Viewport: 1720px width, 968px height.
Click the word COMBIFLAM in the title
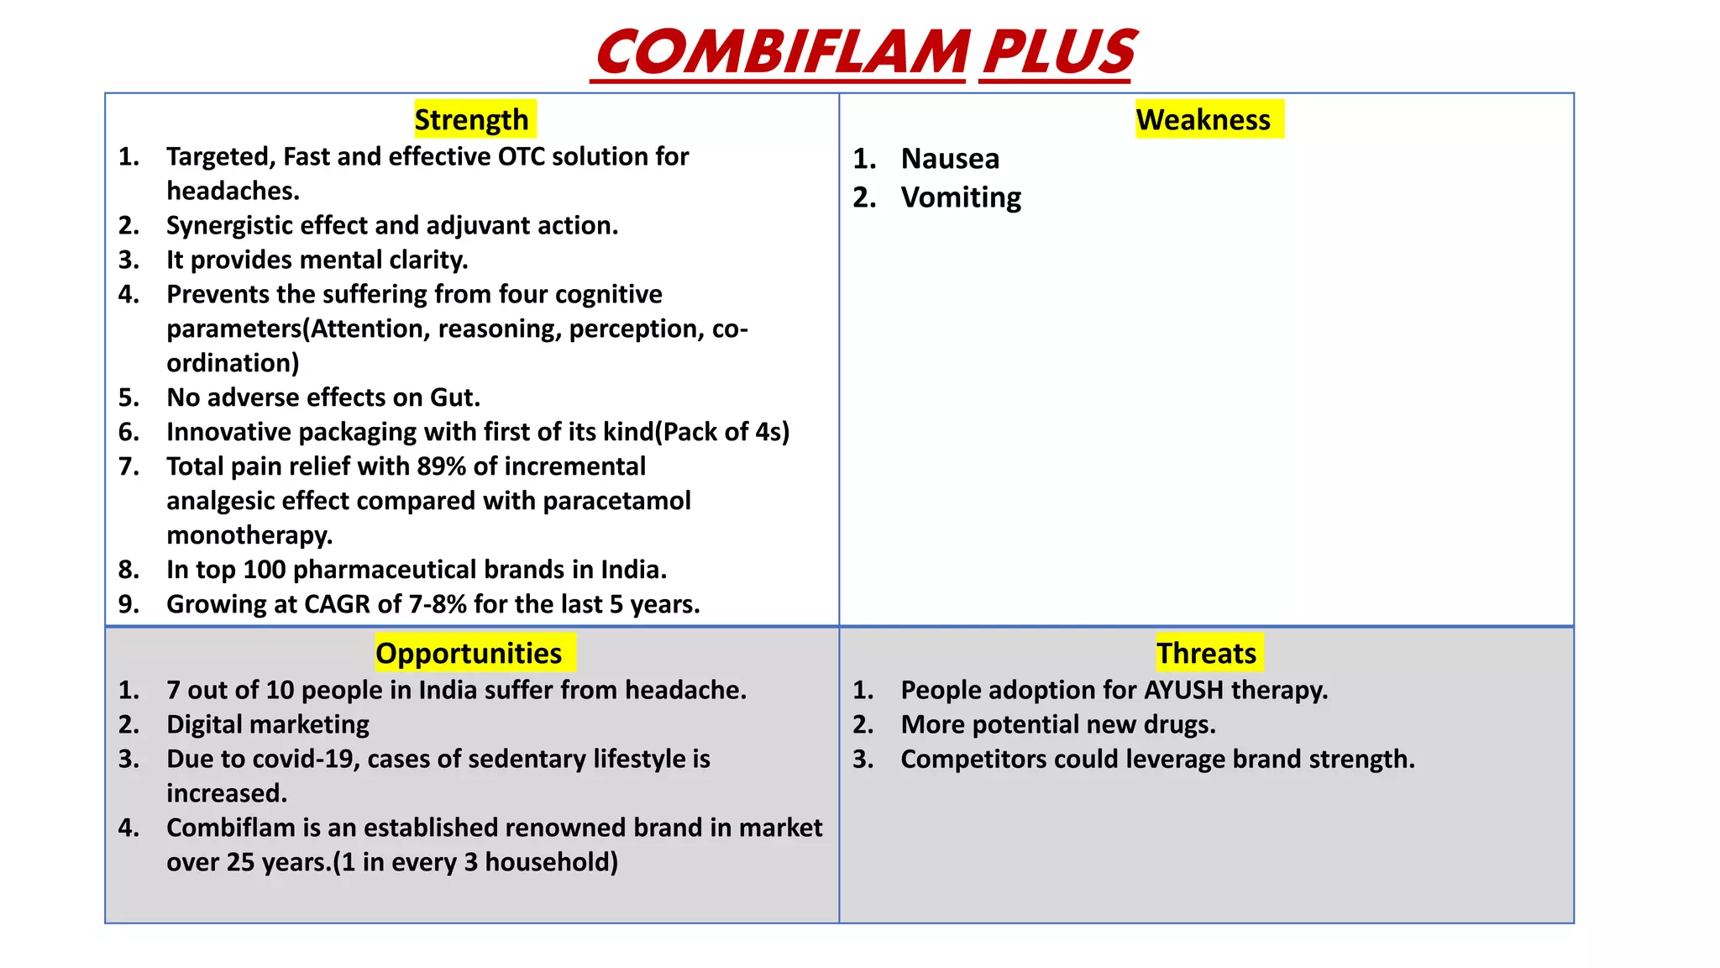point(782,52)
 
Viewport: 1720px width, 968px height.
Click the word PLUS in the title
point(1058,52)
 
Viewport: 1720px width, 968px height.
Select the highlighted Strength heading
point(472,120)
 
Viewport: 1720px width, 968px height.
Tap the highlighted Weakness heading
point(1203,120)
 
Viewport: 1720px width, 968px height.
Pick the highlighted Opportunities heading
point(469,654)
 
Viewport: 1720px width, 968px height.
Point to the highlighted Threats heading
point(1206,654)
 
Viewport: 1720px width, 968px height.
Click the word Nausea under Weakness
point(950,159)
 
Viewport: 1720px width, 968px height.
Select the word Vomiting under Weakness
point(961,197)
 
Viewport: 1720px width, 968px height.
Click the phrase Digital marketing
point(268,724)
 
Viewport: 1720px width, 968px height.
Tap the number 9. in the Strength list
point(128,604)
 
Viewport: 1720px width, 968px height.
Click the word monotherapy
point(249,535)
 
